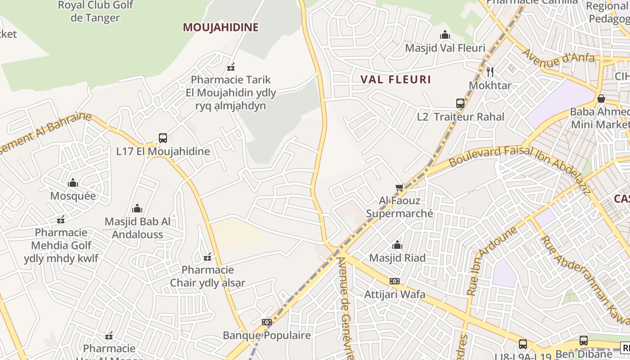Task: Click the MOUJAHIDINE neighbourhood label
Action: [x=220, y=27]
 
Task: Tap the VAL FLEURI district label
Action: [x=396, y=80]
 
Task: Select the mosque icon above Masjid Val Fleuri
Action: [x=445, y=35]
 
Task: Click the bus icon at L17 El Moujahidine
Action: [x=163, y=138]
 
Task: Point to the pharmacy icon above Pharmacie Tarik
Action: [x=231, y=67]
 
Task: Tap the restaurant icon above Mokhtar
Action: [x=490, y=72]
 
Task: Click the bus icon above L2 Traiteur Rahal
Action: [x=460, y=103]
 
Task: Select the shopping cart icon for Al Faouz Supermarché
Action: [x=399, y=187]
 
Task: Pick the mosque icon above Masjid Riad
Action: [x=397, y=245]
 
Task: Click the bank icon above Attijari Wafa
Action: [x=395, y=281]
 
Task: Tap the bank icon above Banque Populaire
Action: [x=267, y=322]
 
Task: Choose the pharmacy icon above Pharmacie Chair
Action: [x=207, y=257]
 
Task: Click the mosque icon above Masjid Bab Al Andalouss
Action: [x=137, y=208]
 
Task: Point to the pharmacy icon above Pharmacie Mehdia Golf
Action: [x=61, y=220]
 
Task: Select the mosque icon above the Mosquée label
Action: [x=73, y=183]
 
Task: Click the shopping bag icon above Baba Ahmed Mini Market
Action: [x=601, y=98]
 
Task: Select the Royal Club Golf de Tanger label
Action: [x=95, y=11]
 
